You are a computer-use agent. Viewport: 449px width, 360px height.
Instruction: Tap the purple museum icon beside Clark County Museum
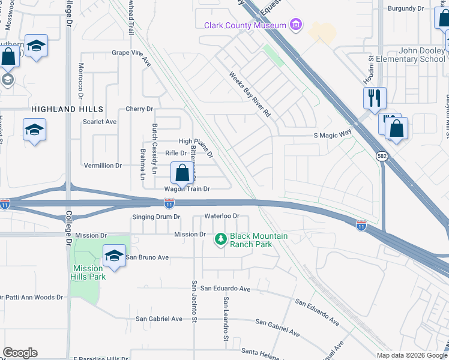click(295, 25)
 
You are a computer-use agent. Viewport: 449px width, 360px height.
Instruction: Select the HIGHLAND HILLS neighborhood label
click(67, 109)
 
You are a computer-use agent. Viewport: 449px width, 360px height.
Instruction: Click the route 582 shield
click(382, 155)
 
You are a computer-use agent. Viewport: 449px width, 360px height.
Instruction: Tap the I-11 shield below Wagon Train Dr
click(170, 204)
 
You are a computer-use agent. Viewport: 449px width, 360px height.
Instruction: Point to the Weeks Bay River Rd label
click(250, 94)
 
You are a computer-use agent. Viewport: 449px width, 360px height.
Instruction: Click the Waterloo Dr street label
click(222, 216)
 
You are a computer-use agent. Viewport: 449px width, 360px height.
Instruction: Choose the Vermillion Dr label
click(103, 166)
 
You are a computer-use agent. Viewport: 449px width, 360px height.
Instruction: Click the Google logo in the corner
click(20, 353)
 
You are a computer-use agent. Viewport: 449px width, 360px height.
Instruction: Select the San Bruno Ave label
click(147, 257)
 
